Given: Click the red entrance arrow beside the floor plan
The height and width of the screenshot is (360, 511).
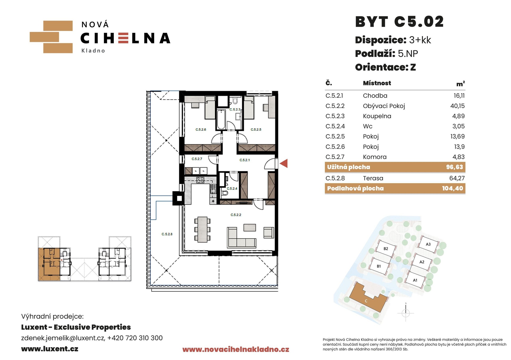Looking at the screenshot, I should click(x=284, y=163).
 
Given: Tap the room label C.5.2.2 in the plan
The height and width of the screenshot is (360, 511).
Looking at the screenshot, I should click(x=236, y=215).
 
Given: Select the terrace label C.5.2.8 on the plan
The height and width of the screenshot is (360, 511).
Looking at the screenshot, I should click(x=167, y=234).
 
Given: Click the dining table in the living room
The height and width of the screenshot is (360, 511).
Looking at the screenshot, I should click(x=202, y=229).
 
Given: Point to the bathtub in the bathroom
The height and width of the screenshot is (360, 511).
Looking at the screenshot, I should click(x=221, y=120).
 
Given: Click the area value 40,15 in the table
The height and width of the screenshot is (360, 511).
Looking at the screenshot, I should click(x=457, y=106).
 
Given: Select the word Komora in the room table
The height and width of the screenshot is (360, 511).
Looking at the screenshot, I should click(x=374, y=157).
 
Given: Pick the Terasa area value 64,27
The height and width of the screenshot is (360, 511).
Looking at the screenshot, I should click(x=457, y=178).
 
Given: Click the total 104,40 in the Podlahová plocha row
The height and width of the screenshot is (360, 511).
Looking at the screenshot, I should click(x=452, y=188).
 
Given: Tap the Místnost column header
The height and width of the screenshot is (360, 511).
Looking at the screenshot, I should click(x=377, y=83).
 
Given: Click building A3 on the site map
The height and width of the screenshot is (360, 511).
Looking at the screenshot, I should click(x=428, y=244).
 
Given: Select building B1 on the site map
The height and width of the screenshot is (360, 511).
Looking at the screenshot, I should click(x=379, y=266).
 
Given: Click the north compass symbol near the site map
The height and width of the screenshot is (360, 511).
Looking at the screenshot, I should click(x=406, y=313).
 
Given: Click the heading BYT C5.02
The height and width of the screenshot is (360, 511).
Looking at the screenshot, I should click(x=399, y=22).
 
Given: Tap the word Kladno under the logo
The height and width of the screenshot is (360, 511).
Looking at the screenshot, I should click(x=93, y=51).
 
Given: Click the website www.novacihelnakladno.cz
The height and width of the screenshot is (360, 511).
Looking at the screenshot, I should click(x=236, y=349).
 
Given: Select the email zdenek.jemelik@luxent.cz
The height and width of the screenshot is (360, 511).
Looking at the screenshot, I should click(x=63, y=338).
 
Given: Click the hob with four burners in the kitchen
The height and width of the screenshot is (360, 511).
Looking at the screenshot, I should click(x=200, y=180).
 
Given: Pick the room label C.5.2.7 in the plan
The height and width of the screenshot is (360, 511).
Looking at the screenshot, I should click(x=197, y=159).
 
